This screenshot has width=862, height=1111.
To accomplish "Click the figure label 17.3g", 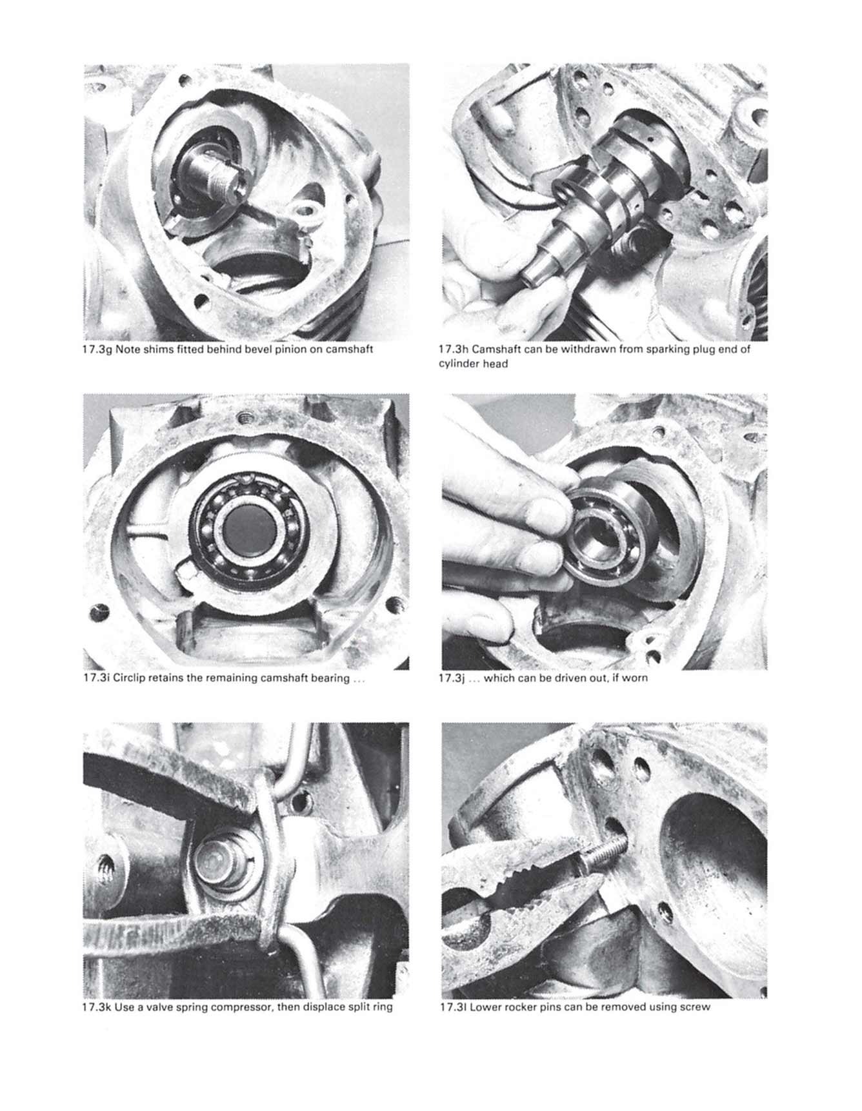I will point(98,349).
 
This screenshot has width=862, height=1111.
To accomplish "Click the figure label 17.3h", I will point(454,349).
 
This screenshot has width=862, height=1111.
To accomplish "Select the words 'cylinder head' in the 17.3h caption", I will point(473,364).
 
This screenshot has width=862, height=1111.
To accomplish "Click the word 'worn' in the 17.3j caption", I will point(635,678).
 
